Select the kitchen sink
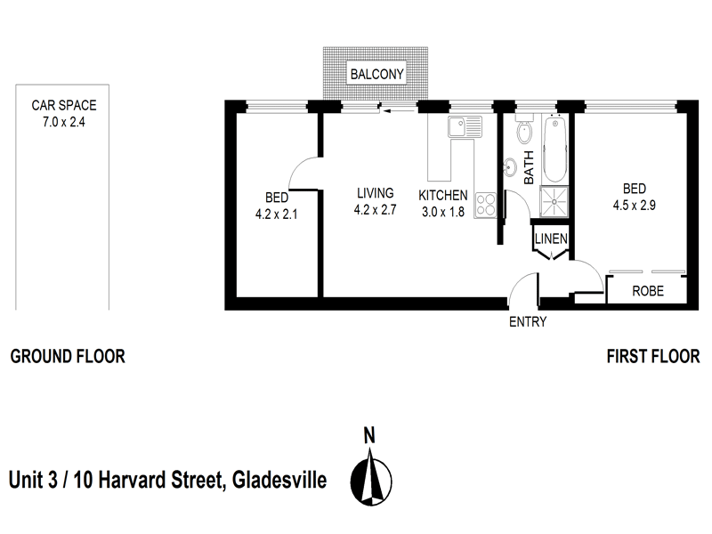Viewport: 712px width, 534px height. [465, 125]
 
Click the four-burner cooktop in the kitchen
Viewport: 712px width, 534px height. [486, 206]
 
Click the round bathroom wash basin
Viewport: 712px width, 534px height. [511, 166]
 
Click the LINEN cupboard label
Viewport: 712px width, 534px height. [552, 239]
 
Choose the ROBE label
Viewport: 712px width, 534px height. [646, 291]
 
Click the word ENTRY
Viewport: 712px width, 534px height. [528, 322]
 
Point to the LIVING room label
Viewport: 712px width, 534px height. [375, 192]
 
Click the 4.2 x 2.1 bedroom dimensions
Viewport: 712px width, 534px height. [276, 213]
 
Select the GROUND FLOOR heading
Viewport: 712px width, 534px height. [67, 357]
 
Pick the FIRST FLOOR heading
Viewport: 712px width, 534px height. [653, 357]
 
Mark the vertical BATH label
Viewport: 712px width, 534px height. [529, 166]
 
